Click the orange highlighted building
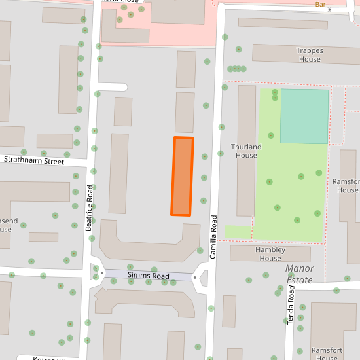click(x=182, y=176)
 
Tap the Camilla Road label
click(x=213, y=236)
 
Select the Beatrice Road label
click(x=90, y=208)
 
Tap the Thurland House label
click(x=246, y=151)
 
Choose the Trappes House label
click(x=310, y=55)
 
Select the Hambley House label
click(x=270, y=254)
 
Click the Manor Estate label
click(x=300, y=274)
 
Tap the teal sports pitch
click(x=304, y=116)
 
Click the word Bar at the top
click(x=320, y=4)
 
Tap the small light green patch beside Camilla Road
click(x=238, y=232)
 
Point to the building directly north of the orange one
click(x=185, y=112)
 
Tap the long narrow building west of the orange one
click(x=118, y=173)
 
